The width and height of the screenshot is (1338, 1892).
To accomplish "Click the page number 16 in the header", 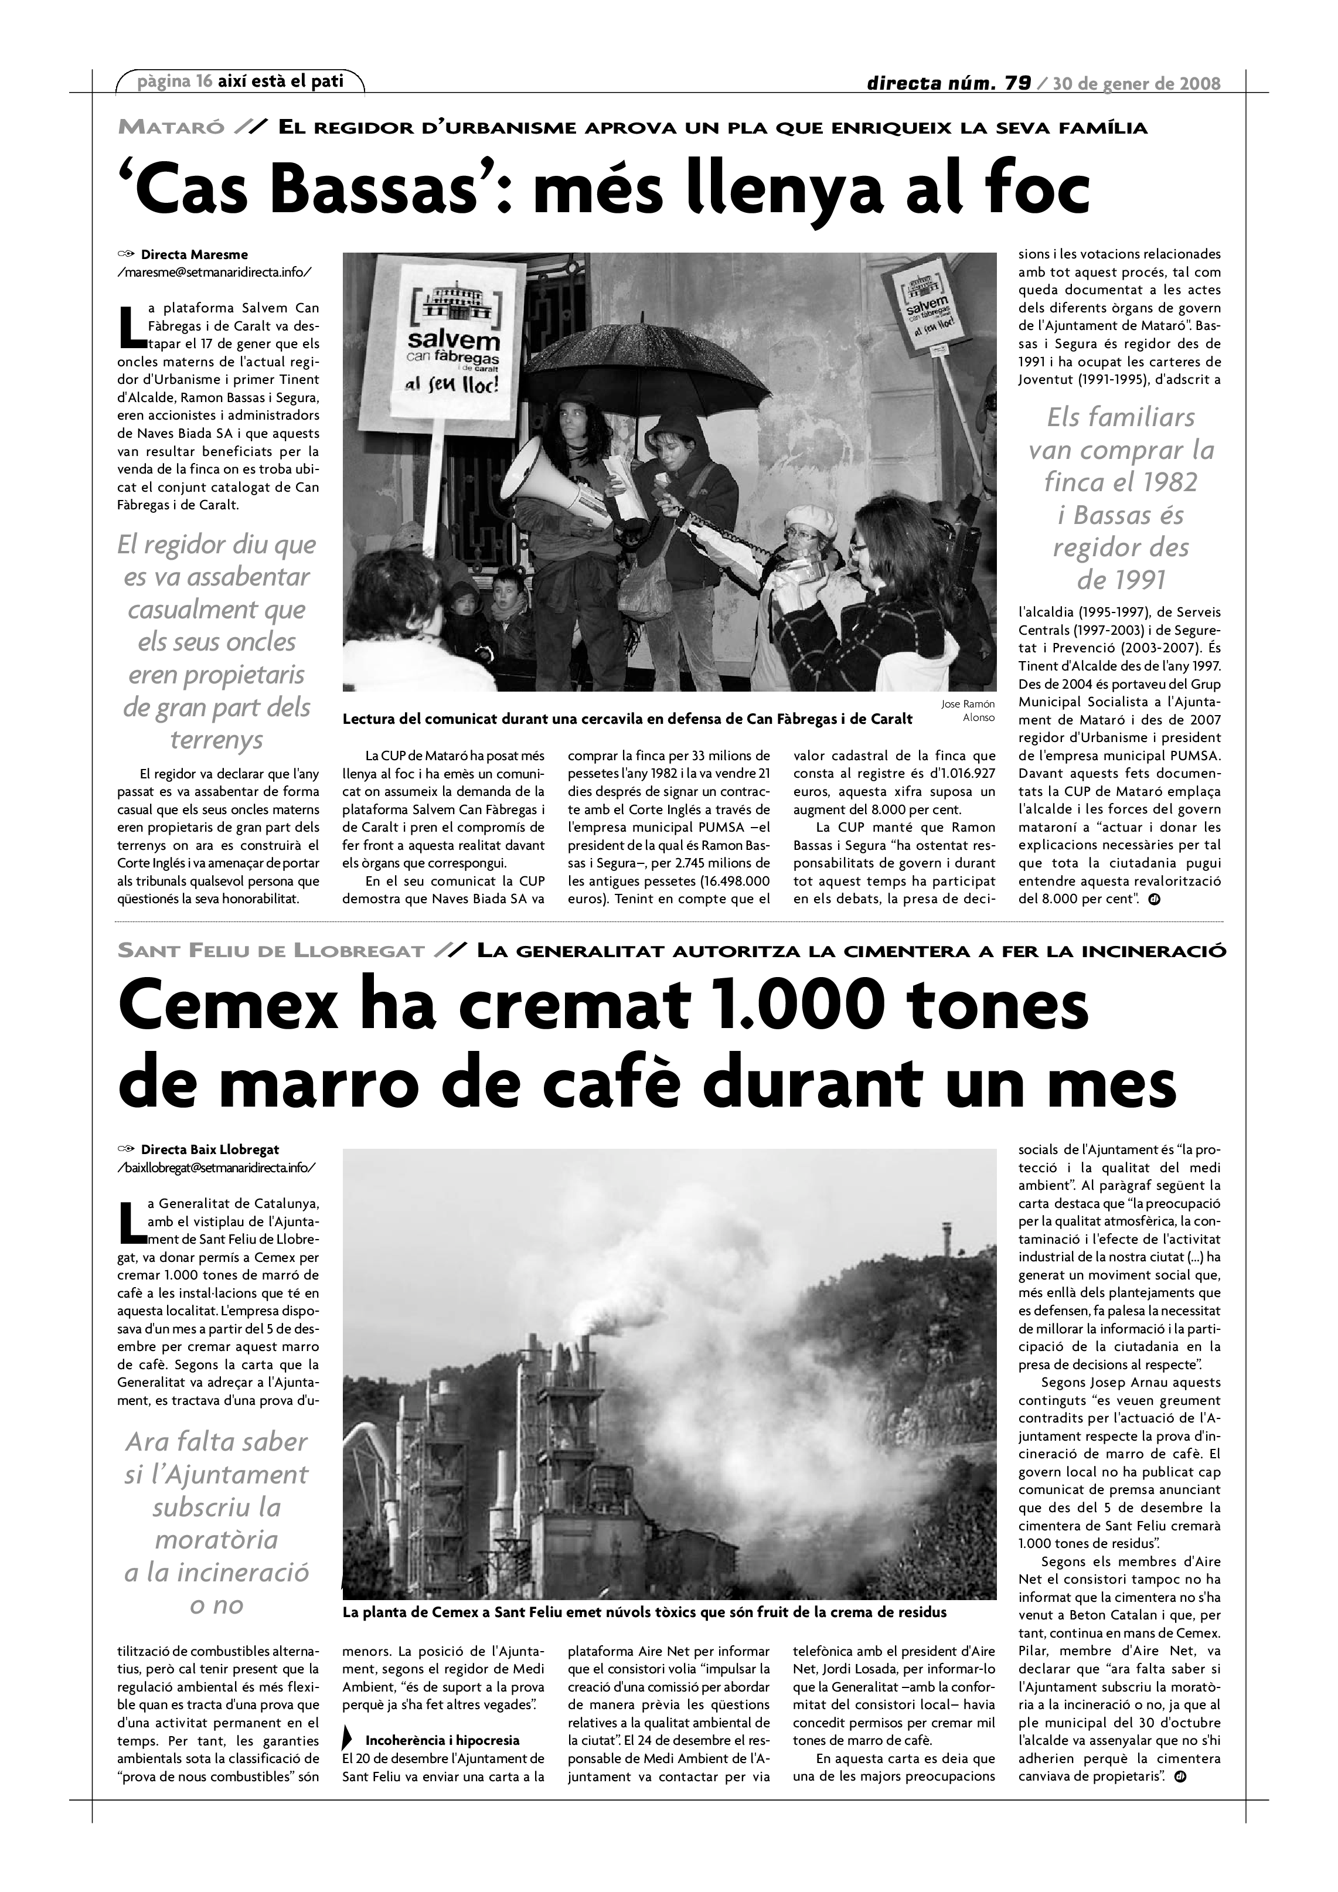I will click(x=205, y=81).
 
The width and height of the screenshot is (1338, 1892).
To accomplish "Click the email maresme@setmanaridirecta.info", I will click(x=215, y=272).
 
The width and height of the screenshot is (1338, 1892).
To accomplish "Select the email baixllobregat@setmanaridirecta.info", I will click(x=216, y=1167).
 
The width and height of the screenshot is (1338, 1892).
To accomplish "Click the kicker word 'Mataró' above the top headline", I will click(x=171, y=128).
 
